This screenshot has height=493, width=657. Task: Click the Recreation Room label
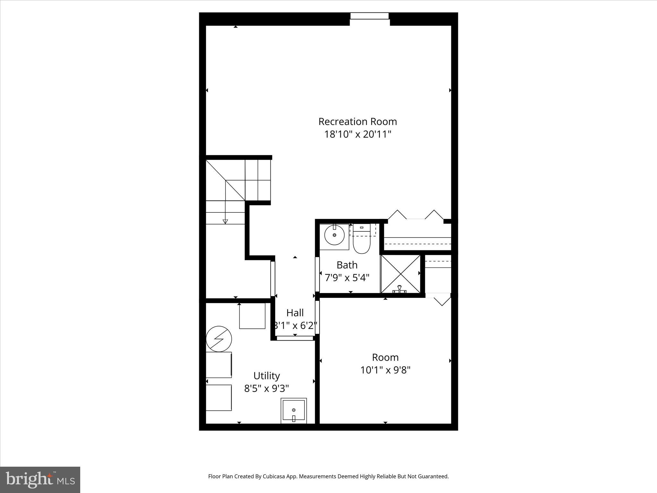click(x=357, y=122)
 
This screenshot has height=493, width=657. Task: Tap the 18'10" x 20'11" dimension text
click(x=357, y=134)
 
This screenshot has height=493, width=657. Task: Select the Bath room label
click(x=347, y=265)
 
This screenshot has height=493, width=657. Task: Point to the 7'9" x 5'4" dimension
click(x=347, y=278)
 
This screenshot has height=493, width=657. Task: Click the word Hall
click(x=295, y=313)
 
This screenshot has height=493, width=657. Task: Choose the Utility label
click(x=267, y=376)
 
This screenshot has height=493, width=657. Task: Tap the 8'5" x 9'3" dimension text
click(x=267, y=389)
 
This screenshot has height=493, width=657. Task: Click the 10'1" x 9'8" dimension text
click(x=385, y=370)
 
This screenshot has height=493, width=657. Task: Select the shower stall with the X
click(x=400, y=274)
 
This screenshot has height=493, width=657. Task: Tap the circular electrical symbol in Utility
click(x=219, y=339)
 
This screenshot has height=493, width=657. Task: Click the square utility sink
click(x=294, y=411)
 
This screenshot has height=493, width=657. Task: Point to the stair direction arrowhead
click(x=225, y=221)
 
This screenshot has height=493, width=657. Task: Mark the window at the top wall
click(x=370, y=16)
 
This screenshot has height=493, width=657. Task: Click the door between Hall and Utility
click(x=295, y=338)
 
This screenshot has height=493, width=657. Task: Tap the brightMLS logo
click(x=40, y=480)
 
